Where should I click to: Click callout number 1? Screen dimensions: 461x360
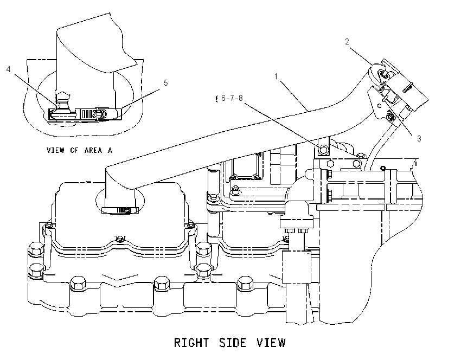276,76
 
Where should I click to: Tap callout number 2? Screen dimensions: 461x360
347,42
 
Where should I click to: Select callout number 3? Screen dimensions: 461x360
419,138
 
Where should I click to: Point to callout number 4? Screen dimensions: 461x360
9,69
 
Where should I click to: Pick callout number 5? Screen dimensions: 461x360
166,83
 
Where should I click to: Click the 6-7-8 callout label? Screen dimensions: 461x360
232,98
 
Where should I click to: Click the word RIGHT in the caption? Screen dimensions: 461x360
191,343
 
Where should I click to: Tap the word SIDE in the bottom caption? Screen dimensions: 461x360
233,343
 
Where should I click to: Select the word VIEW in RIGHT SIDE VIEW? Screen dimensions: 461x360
271,343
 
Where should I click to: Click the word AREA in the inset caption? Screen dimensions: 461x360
93,150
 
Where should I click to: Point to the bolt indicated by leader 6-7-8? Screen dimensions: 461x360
323,150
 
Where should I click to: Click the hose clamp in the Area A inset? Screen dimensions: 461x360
85,114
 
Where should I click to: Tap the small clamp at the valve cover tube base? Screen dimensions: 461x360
120,210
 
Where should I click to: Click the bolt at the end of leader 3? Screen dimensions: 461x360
390,117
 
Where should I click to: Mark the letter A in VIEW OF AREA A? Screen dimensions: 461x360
110,150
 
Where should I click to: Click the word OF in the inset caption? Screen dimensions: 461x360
74,150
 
